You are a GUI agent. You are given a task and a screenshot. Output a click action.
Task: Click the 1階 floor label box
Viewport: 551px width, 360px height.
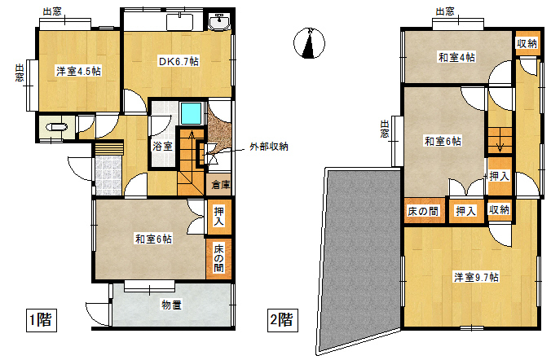tap(42, 320)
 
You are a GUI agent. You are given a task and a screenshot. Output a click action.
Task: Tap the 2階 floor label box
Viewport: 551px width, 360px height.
tap(283, 320)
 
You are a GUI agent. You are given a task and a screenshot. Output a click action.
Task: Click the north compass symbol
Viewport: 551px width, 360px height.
tap(309, 43)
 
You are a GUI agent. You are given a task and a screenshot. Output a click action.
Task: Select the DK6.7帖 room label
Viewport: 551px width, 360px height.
tap(179, 62)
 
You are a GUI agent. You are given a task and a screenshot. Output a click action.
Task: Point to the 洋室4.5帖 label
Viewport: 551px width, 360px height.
tap(79, 72)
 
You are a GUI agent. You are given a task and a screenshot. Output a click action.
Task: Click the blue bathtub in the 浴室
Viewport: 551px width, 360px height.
tap(192, 113)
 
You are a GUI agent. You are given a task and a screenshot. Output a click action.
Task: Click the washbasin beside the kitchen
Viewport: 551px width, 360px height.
tap(219, 21)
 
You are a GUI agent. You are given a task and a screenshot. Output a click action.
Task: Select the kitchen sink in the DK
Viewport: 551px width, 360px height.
tap(179, 22)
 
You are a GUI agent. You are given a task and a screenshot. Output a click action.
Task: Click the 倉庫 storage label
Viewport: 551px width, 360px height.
tap(221, 185)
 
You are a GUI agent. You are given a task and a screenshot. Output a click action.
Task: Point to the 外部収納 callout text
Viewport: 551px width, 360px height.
tap(269, 147)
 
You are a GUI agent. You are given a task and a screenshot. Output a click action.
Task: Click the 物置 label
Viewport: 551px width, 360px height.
tap(171, 305)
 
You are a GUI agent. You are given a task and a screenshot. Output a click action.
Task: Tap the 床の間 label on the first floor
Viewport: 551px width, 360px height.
tap(219, 258)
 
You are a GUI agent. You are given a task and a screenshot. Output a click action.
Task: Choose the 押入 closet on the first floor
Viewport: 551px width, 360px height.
tap(219, 217)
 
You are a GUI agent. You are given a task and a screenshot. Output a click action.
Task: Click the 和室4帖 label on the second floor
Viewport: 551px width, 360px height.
tap(456, 57)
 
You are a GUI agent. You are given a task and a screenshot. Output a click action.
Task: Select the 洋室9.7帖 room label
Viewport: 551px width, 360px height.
tap(476, 278)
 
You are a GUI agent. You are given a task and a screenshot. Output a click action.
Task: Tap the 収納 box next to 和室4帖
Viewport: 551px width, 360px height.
tap(527, 43)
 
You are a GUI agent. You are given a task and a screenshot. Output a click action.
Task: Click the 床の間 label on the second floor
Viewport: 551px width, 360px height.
tap(423, 211)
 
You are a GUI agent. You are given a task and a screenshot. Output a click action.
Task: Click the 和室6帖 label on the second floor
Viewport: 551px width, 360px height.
tap(443, 141)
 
